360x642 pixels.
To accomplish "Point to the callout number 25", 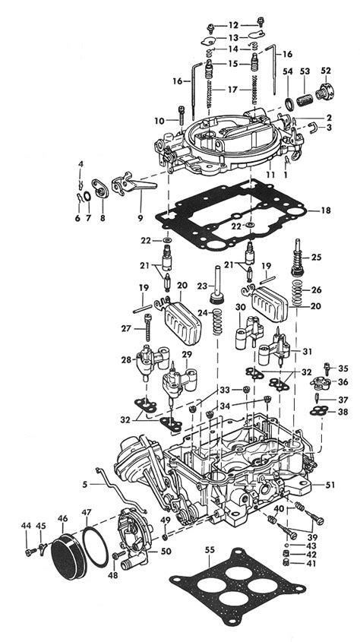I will click(316, 258).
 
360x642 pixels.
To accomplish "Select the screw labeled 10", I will click(181, 116).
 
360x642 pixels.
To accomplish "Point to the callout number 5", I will click(89, 484).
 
